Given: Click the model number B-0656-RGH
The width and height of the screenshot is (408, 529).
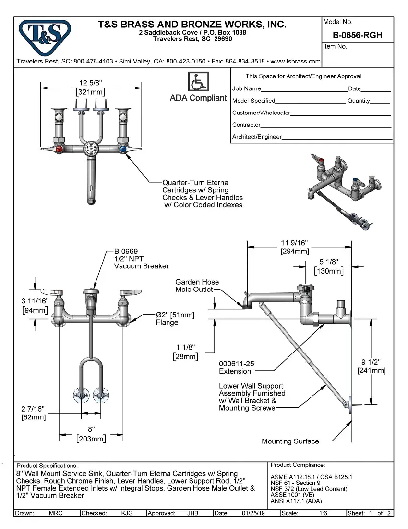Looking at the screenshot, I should (357, 36).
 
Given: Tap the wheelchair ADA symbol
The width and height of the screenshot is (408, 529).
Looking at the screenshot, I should (198, 82).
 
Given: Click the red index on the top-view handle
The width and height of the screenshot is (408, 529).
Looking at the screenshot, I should (59, 150).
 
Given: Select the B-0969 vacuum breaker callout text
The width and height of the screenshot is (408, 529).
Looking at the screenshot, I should (141, 258).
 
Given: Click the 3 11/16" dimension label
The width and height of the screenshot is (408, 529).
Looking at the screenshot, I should (35, 305).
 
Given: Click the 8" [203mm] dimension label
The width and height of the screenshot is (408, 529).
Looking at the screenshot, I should (91, 434).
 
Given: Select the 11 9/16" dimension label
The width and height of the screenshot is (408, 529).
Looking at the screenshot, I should (294, 247).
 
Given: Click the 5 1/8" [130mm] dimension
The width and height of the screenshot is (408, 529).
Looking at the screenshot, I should (329, 266).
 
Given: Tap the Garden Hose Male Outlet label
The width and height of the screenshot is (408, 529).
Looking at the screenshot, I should (197, 286).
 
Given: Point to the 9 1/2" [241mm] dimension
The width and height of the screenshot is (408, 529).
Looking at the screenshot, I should (372, 366).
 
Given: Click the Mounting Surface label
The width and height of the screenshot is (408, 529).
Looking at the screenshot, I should (290, 441).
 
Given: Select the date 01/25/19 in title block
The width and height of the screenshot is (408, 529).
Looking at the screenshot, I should (254, 513).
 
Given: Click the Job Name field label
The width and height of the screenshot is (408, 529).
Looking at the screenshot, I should (246, 88).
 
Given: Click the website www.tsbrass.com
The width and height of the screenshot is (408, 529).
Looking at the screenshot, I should (295, 62).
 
